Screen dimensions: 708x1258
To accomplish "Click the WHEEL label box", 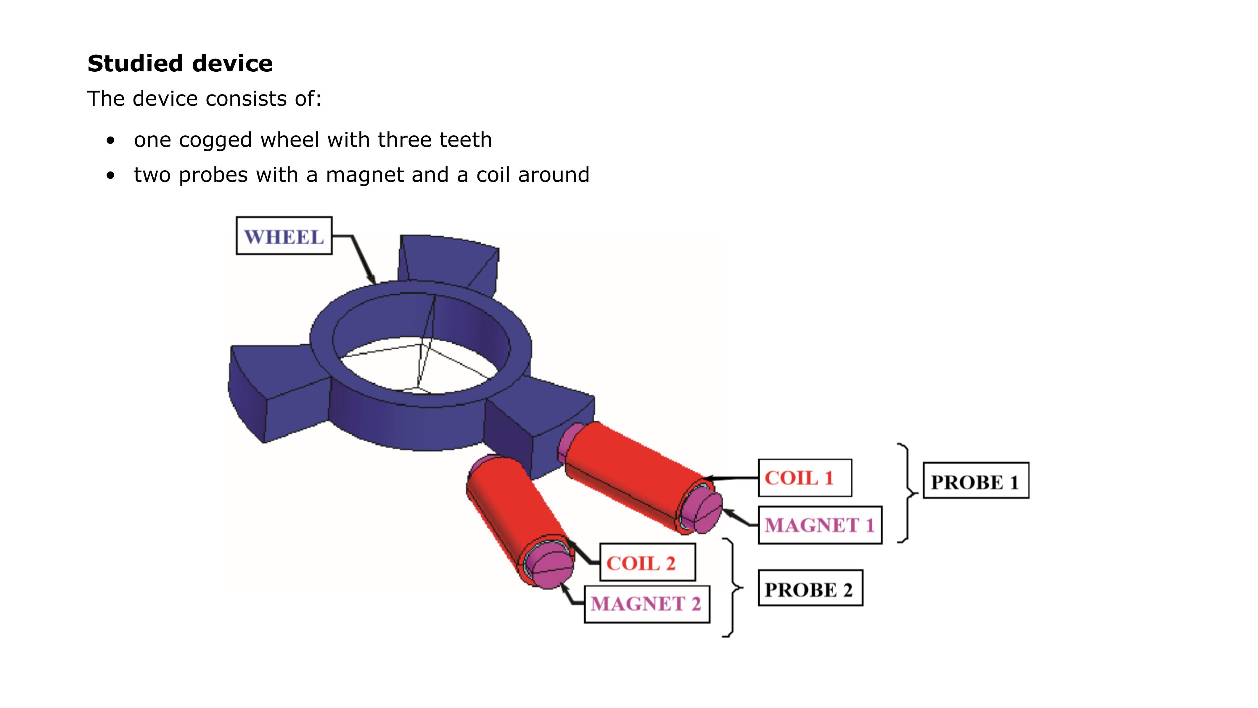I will tap(284, 236).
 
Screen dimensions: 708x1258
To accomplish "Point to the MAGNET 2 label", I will tap(646, 604).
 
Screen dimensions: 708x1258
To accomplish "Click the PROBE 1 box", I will tap(975, 481).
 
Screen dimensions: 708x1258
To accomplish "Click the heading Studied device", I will tap(180, 64).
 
